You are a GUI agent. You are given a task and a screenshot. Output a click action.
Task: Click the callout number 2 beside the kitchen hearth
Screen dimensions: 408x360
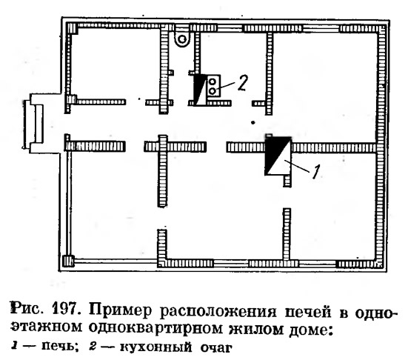(243, 83)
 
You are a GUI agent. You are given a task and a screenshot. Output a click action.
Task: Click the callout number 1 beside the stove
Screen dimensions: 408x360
(315, 172)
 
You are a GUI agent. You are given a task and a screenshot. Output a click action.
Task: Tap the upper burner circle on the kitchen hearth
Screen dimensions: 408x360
(213, 82)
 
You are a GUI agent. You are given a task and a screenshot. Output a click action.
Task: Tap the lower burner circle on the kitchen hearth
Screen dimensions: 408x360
(213, 91)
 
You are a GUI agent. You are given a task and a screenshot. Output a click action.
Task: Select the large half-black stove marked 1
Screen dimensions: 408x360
(278, 156)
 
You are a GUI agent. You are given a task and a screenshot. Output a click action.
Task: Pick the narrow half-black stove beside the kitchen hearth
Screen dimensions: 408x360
(200, 90)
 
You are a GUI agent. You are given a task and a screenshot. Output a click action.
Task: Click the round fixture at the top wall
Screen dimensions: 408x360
(182, 39)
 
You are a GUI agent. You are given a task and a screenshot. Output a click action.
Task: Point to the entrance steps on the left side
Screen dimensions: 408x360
(33, 124)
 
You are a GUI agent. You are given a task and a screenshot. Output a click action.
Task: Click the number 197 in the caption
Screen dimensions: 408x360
(66, 310)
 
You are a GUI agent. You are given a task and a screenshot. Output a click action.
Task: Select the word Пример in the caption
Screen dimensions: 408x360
(120, 310)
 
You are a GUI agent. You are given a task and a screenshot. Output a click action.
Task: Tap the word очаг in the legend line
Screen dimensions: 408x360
(215, 348)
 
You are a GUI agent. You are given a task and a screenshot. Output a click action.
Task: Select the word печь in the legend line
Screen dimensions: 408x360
(59, 347)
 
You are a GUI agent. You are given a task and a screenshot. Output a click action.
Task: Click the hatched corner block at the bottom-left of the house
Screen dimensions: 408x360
(69, 261)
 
